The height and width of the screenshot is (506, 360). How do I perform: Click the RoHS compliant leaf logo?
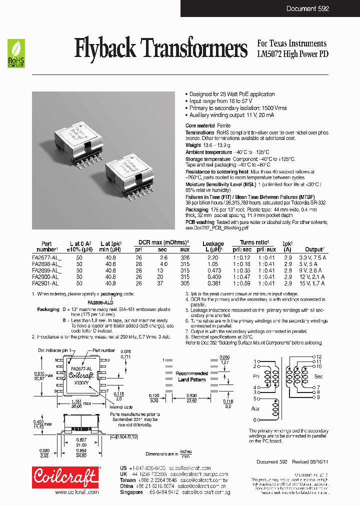(16, 53)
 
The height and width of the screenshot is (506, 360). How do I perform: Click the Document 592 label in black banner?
(307, 8)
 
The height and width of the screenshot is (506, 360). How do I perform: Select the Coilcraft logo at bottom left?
(64, 478)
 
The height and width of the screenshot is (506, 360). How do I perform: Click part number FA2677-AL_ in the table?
(46, 257)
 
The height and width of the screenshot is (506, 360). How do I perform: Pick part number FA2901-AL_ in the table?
(46, 283)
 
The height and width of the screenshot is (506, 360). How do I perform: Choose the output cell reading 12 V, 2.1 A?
(315, 276)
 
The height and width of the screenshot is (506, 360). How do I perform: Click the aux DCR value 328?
(185, 257)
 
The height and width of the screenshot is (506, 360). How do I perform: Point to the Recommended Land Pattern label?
(191, 376)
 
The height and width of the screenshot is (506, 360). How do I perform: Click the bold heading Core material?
(200, 125)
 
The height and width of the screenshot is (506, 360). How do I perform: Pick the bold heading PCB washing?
(200, 222)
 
